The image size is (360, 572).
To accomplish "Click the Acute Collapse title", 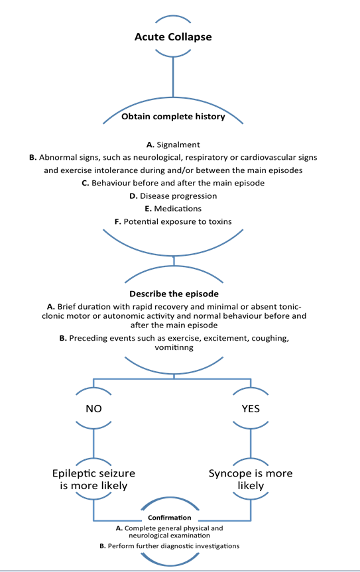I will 173,36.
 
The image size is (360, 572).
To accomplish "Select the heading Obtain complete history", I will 173,117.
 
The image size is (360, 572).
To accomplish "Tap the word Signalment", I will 178,144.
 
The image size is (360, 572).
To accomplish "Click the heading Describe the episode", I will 173,293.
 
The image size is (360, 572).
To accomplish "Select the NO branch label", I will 93,409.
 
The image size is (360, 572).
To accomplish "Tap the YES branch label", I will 250,409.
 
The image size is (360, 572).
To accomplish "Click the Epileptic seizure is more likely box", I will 93,479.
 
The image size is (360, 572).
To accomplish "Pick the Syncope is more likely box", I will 250,479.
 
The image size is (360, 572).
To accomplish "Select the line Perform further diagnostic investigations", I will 178,546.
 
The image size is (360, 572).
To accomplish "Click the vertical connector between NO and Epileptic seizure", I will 93,441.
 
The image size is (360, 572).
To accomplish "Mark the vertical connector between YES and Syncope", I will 250,441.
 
